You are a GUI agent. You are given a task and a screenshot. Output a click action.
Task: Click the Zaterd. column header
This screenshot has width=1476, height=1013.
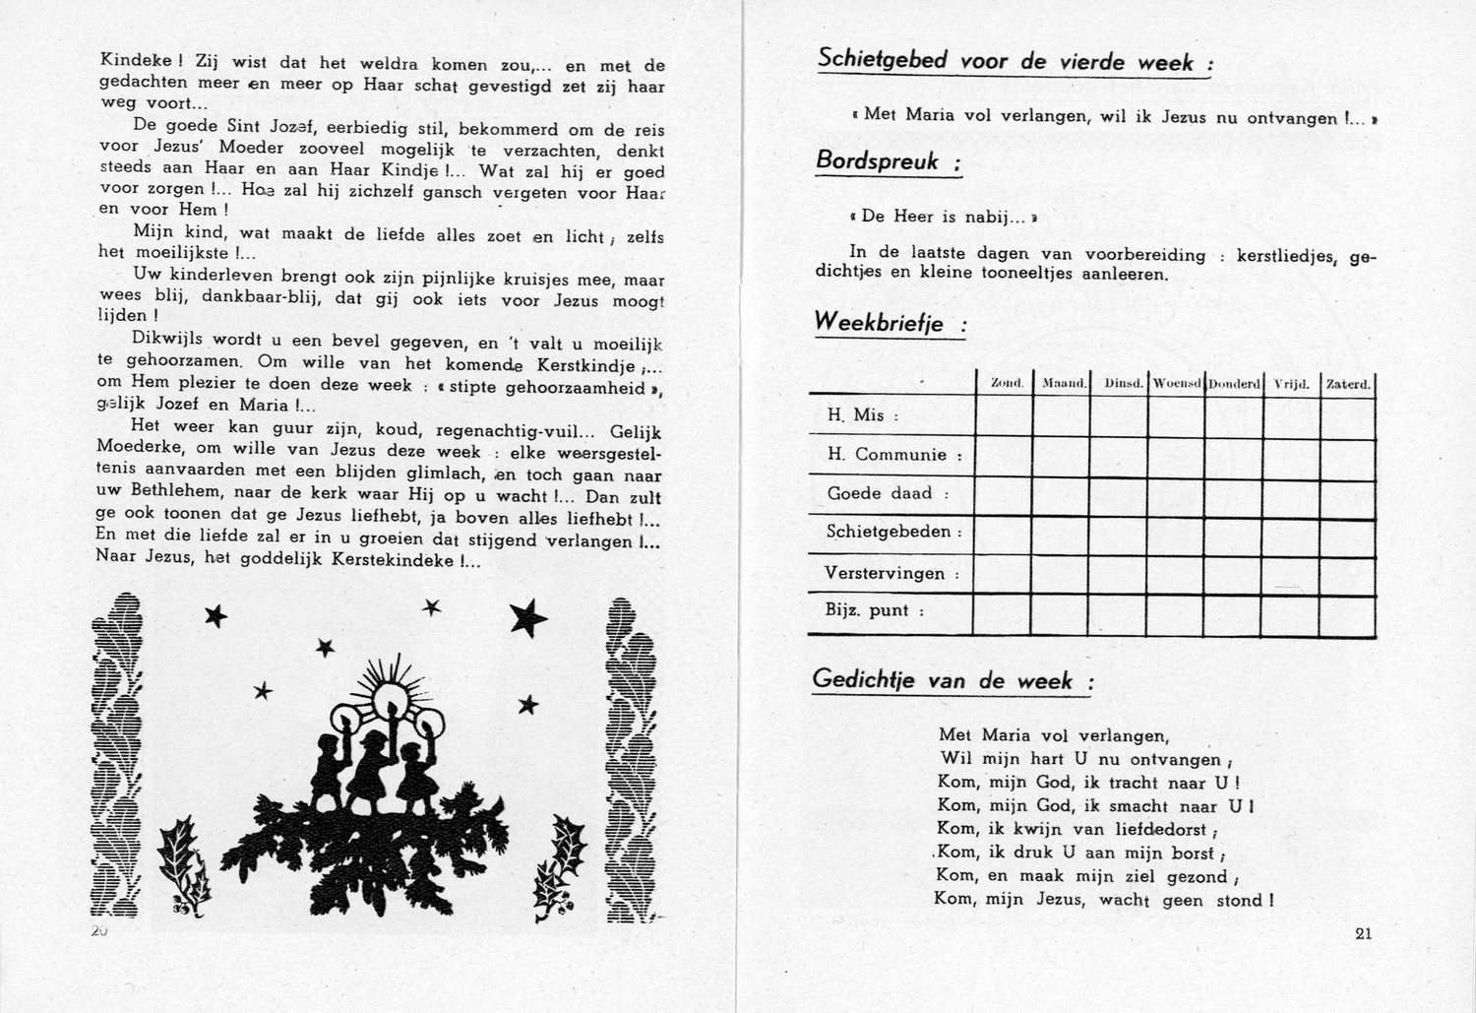click(x=1347, y=383)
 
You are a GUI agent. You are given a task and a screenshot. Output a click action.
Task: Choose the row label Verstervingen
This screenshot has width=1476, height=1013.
click(x=885, y=573)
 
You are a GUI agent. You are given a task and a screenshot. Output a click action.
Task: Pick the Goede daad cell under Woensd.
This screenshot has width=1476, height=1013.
click(x=1176, y=494)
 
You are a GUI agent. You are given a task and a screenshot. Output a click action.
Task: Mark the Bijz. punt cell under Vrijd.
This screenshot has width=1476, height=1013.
click(x=1290, y=612)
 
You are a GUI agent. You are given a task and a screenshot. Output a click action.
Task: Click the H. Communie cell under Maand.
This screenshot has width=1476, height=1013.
click(x=1060, y=455)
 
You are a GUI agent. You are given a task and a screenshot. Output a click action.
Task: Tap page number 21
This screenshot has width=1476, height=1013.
click(x=1363, y=934)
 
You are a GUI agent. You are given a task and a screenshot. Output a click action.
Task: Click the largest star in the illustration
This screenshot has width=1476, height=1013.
click(x=528, y=616)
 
